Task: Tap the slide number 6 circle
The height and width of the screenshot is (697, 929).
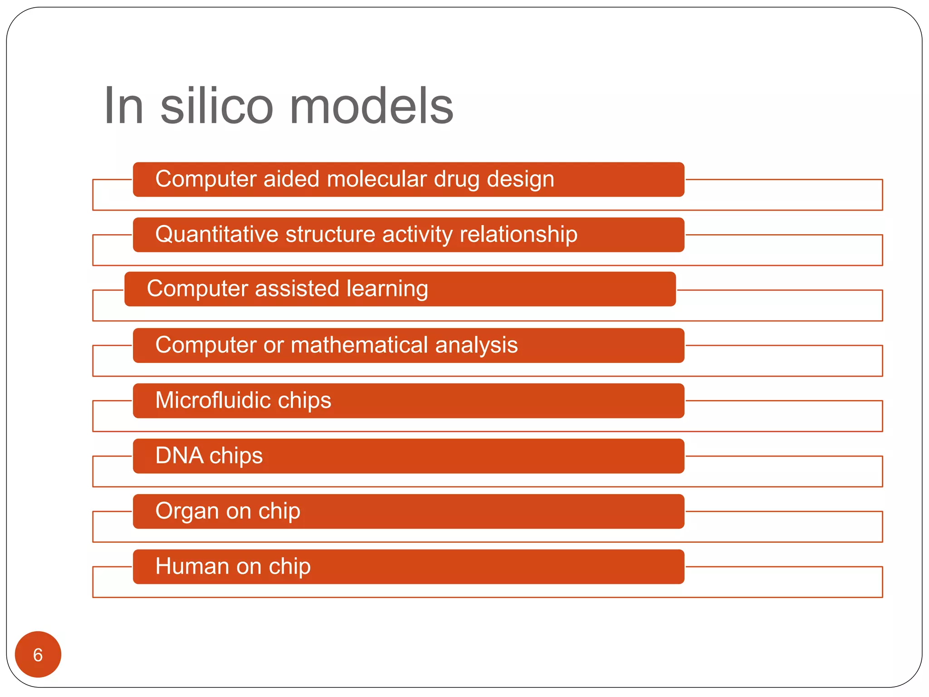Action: pyautogui.click(x=38, y=655)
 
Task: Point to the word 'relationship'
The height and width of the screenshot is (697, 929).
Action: pyautogui.click(x=518, y=235)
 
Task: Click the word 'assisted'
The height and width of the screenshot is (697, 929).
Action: pyautogui.click(x=297, y=289)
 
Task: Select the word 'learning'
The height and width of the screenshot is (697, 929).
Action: pyautogui.click(x=387, y=289)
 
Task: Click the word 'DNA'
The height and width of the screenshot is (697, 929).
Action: pyautogui.click(x=179, y=456)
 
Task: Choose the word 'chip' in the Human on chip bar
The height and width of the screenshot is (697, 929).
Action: pyautogui.click(x=290, y=566)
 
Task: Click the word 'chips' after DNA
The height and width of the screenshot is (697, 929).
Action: pyautogui.click(x=236, y=456)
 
